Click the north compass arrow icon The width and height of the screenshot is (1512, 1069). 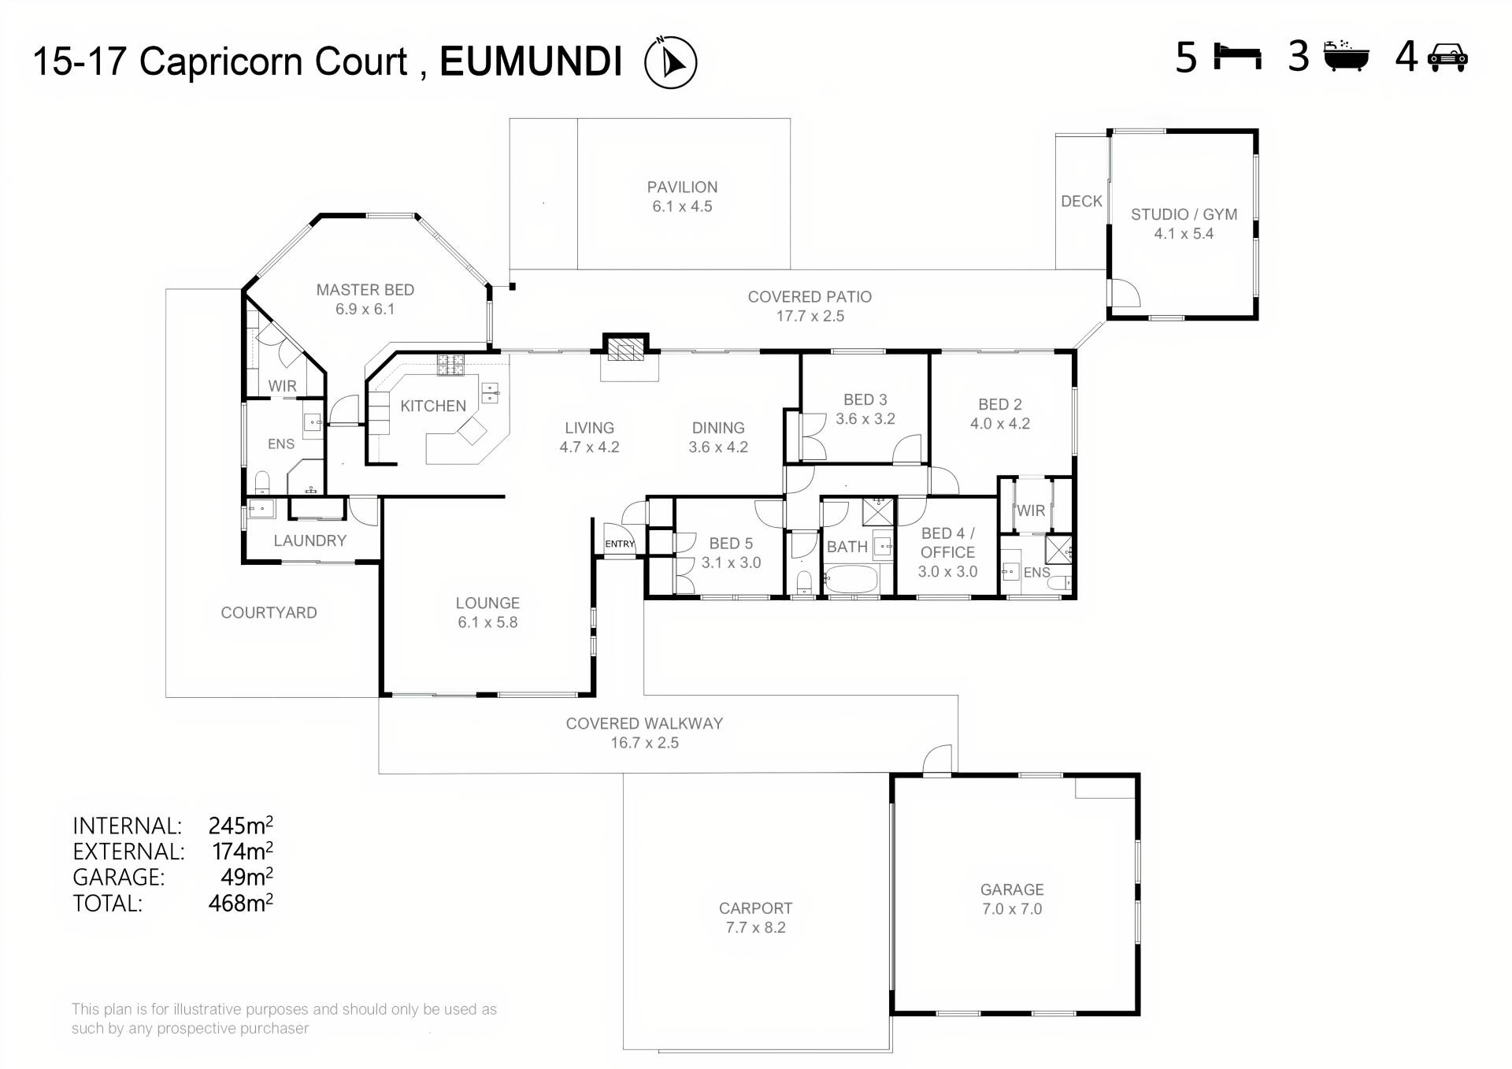[670, 62]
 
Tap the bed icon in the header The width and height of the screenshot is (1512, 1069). [1237, 57]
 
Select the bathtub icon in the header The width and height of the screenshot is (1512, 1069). [1346, 56]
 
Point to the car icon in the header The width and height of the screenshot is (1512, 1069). [1447, 58]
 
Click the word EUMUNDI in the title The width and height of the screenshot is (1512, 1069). [531, 61]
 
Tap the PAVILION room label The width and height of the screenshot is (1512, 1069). [682, 187]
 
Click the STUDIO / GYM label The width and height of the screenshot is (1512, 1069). [1184, 214]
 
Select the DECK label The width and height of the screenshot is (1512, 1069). [1081, 201]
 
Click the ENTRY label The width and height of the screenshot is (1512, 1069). [620, 544]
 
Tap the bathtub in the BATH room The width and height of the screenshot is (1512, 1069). [851, 581]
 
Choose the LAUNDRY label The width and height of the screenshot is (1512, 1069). [309, 540]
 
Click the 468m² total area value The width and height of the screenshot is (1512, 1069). [240, 902]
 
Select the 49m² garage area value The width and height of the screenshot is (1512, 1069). [246, 876]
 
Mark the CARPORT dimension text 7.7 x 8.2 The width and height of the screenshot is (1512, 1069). [755, 927]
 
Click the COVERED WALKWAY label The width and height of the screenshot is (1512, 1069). [644, 723]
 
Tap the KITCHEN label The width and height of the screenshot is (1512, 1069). [433, 406]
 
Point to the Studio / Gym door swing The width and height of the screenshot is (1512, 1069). [1125, 293]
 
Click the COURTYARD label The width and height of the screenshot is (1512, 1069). [269, 612]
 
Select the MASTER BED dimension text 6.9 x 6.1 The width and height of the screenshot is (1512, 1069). [365, 309]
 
